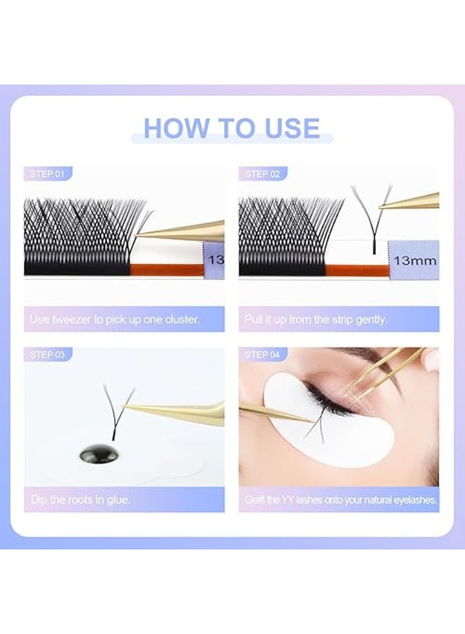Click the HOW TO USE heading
232,129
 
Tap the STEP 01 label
47,174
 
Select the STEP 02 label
262,174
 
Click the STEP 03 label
47,354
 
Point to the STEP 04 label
262,354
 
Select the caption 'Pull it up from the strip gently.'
316,319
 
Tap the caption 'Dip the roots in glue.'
80,499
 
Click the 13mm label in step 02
415,260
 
